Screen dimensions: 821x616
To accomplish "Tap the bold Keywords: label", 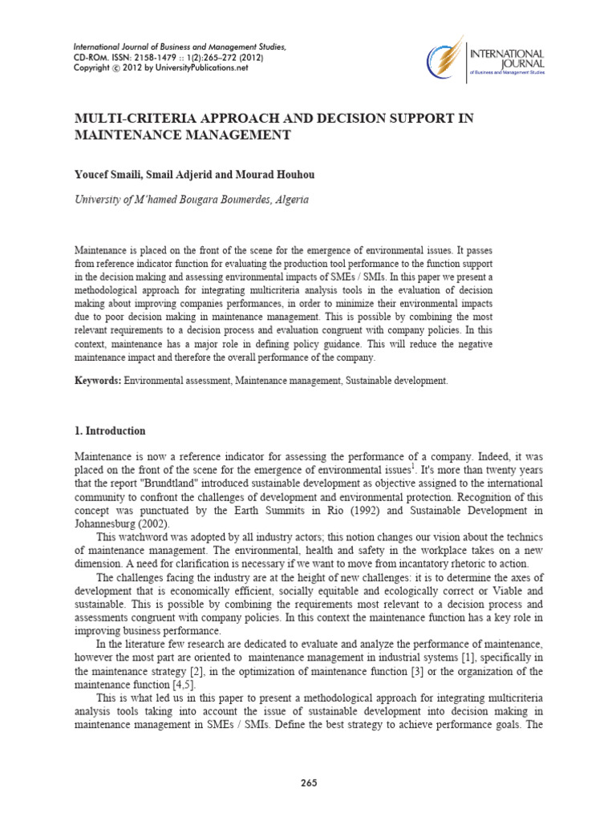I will [x=98, y=381].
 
